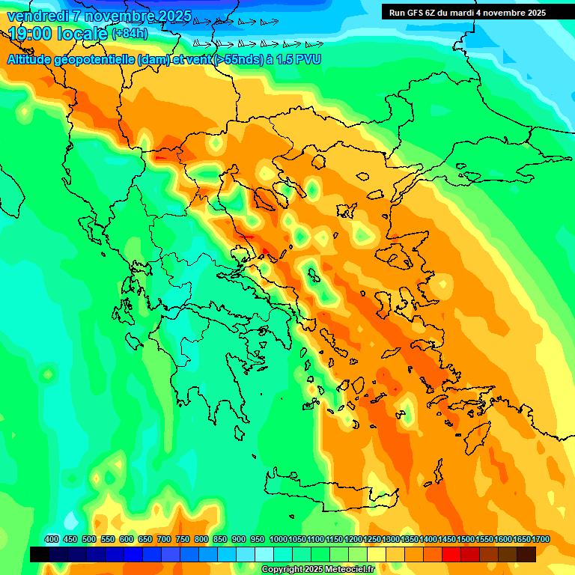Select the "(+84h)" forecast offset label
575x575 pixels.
[x=130, y=34]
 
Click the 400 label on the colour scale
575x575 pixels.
[x=52, y=539]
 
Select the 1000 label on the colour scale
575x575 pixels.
[x=278, y=539]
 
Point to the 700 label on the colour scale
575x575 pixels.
[x=164, y=539]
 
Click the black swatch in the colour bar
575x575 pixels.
[x=40, y=554]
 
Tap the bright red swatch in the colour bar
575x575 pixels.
[x=451, y=554]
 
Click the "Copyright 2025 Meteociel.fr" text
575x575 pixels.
[x=317, y=570]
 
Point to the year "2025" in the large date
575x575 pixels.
[x=171, y=16]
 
